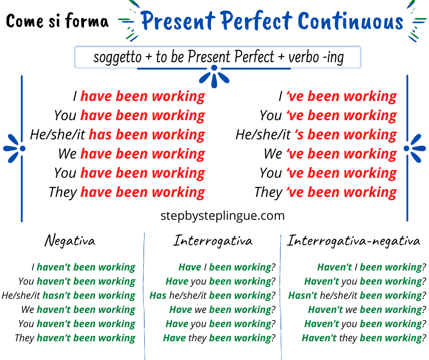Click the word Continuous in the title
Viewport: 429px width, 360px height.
tap(351, 21)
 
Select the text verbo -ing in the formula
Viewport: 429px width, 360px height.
tap(316, 58)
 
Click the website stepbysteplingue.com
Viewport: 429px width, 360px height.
tap(222, 216)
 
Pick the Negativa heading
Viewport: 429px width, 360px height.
tap(70, 241)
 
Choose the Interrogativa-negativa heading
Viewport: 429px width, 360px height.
tap(354, 241)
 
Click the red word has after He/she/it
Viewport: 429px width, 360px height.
tap(100, 134)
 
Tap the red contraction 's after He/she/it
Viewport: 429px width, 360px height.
tap(299, 134)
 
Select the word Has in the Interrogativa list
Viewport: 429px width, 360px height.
tap(158, 296)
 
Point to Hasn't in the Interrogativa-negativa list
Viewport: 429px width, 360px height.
tap(303, 296)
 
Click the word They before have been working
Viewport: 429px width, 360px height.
tap(63, 192)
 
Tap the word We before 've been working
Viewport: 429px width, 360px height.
tap(273, 154)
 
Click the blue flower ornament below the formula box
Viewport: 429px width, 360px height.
tap(214, 77)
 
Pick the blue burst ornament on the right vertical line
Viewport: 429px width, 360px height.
tap(415, 148)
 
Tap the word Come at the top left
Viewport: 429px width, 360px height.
tap(25, 21)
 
